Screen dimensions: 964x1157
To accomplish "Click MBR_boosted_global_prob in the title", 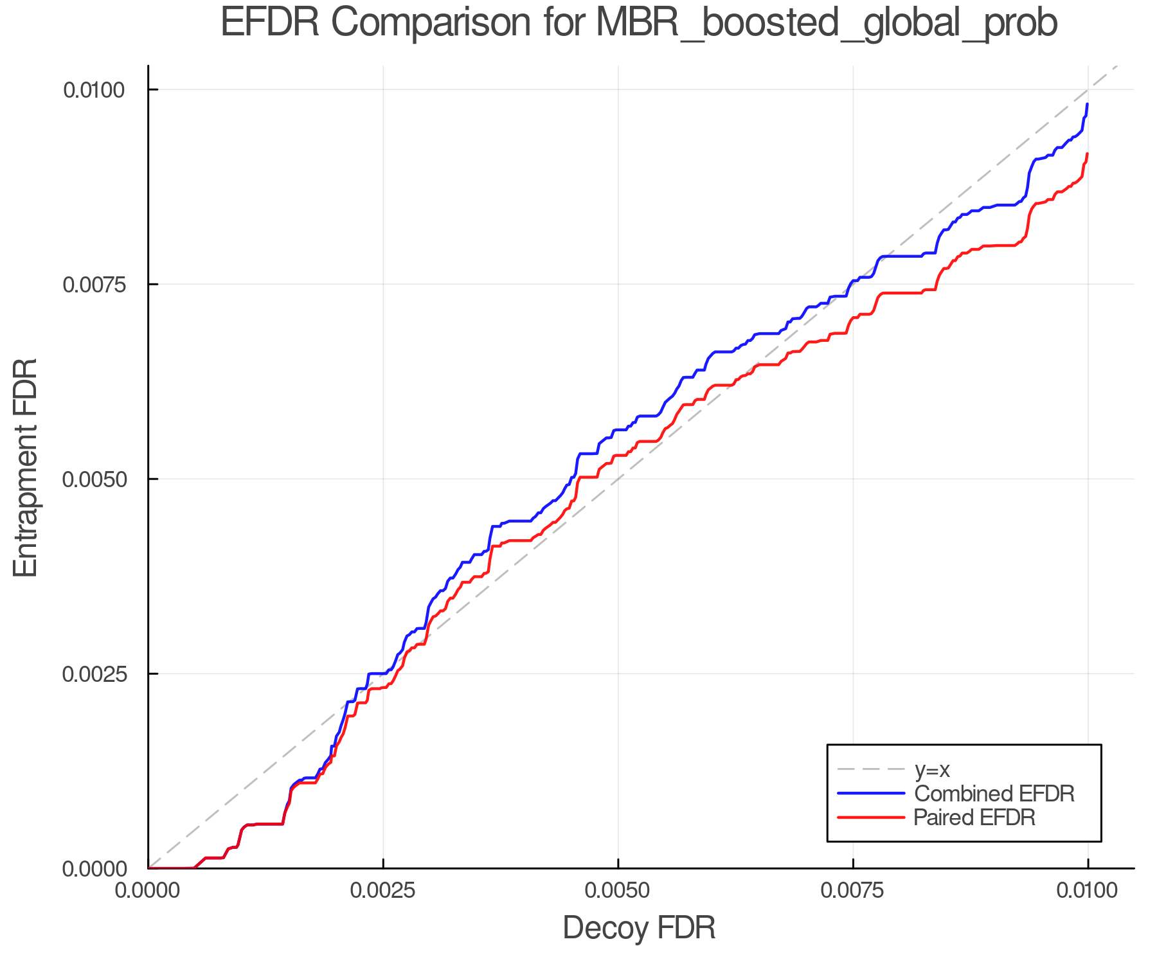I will coord(827,23).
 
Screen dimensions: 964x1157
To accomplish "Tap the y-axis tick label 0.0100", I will coord(93,90).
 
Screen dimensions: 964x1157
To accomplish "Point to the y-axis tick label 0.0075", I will coord(93,285).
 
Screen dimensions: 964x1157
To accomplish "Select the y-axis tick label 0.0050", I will coord(93,479).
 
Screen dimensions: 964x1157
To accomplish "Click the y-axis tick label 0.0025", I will coord(93,674).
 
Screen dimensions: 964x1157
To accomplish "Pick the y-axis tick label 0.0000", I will coord(93,869).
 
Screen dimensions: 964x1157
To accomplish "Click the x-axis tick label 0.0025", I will coord(383,891).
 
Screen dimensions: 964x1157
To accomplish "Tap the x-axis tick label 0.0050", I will coord(618,891).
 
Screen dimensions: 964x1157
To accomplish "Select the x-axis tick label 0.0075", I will coord(853,891).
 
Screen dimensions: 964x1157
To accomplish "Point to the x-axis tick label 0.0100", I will coord(1088,891).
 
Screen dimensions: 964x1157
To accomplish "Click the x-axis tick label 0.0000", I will coord(148,891).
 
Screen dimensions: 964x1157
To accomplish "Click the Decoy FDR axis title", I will coord(639,929).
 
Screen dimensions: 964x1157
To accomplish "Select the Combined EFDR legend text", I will coord(994,794).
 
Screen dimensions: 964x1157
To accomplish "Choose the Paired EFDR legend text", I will coord(974,817).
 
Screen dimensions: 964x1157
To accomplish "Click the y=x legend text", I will coord(932,769).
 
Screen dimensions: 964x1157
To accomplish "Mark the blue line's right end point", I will coord(1087,104).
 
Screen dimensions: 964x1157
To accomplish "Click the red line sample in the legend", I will coord(871,817).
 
